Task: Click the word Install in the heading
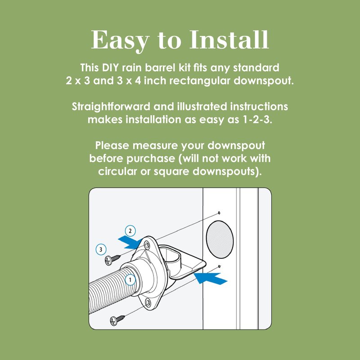coord(229,40)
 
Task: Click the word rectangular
coord(200,81)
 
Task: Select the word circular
coord(117,171)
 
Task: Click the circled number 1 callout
coord(130,280)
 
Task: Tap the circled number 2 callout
coord(130,231)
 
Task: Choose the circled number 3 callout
coord(101,249)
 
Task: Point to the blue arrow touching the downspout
coord(211,278)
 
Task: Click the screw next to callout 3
coord(112,260)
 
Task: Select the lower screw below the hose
coord(117,319)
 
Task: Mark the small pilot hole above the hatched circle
coord(219,213)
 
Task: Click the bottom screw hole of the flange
coord(148,301)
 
